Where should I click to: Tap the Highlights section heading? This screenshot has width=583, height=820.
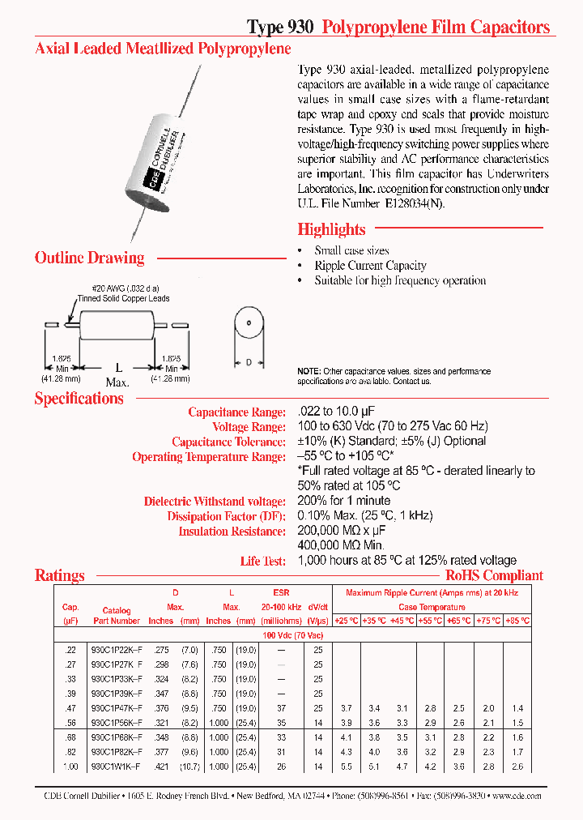[331, 229]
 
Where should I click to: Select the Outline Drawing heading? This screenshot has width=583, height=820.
[89, 258]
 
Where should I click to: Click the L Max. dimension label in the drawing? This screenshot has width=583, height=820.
[118, 374]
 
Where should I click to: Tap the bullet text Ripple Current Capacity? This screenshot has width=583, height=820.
[370, 266]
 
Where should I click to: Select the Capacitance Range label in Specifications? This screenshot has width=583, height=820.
[236, 412]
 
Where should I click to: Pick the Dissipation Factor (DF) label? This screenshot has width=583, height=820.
[226, 516]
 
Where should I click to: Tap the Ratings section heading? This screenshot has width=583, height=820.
[59, 576]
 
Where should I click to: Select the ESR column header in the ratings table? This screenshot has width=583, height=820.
[281, 593]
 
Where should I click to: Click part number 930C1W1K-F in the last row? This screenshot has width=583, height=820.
[116, 767]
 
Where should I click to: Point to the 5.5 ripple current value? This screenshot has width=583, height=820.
[347, 767]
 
